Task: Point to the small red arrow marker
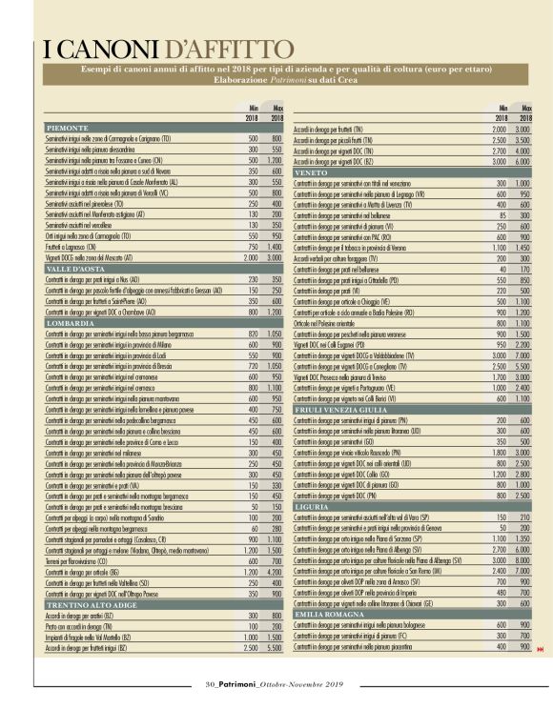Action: click(x=541, y=650)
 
